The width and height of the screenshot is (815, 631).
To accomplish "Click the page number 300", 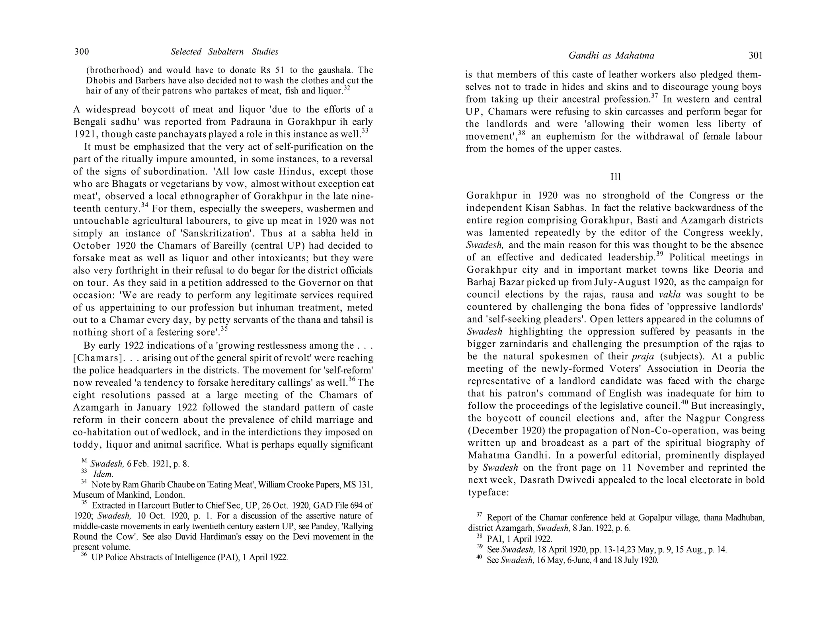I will [x=82, y=52].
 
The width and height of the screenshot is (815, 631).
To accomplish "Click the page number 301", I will [x=755, y=55].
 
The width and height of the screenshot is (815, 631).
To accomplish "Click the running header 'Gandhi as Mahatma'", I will [x=611, y=56].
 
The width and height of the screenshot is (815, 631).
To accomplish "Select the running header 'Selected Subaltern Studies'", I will [x=224, y=52].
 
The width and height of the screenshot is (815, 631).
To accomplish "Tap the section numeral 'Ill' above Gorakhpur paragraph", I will [x=616, y=177].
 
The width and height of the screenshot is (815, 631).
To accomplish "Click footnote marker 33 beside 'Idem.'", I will [x=84, y=471].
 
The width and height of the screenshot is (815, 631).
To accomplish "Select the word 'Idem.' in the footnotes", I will [x=103, y=474].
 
